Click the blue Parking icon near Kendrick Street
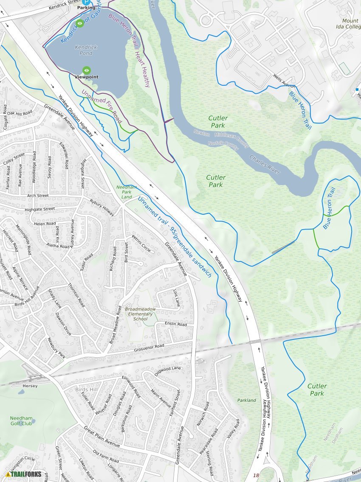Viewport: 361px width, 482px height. coord(86,2)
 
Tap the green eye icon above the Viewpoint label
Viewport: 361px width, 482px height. coord(87,70)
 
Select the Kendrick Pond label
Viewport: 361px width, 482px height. coord(86,50)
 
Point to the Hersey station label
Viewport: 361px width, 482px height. coord(30,386)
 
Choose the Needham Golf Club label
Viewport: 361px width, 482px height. coord(21,421)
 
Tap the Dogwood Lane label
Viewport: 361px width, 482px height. coord(168,369)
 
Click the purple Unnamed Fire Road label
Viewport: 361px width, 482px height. coord(102,106)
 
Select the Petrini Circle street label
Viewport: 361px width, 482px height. coord(141,244)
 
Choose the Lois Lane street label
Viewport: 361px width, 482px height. coord(177,298)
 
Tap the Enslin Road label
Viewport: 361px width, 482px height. coord(176,324)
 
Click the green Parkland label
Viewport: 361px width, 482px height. coord(246,400)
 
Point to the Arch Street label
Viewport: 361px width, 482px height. coord(37,196)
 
